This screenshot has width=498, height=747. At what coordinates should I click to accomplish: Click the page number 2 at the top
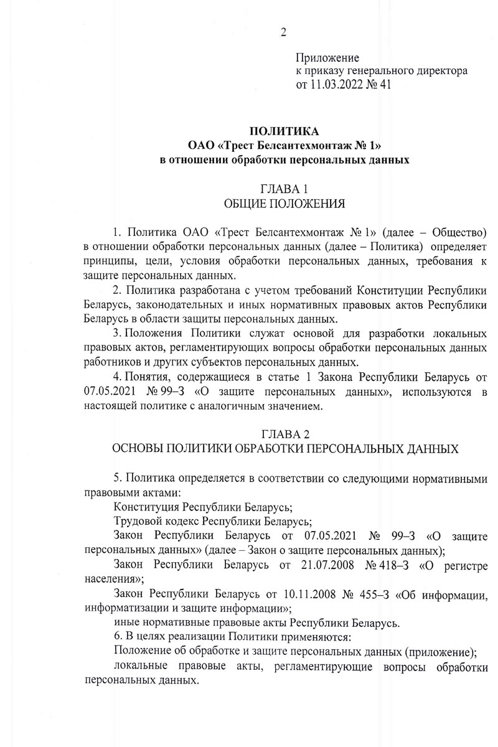283,32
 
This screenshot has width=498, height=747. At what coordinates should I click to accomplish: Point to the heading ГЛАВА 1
284,189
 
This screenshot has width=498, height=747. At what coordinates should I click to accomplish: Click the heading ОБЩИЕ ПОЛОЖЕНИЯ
284,203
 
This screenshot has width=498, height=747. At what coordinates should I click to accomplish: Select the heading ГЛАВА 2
284,434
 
